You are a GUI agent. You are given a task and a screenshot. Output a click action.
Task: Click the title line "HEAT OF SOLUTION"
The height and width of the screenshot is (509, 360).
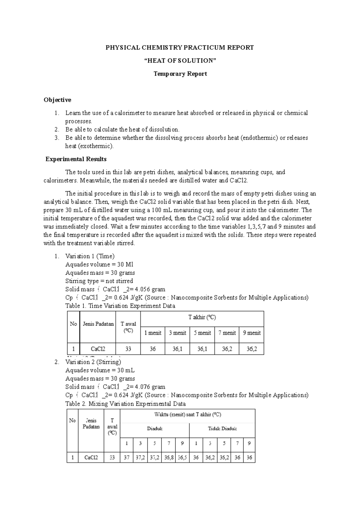tap(180, 61)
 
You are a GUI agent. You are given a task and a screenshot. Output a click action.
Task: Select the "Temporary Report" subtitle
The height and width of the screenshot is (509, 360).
tap(180, 74)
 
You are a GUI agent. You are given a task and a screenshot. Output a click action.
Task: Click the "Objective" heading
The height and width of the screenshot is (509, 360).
tap(57, 100)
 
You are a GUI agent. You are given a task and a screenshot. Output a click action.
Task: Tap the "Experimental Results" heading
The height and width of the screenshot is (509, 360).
tap(76, 159)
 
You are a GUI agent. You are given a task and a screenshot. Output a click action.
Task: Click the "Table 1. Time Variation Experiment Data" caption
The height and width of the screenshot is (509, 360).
tap(120, 306)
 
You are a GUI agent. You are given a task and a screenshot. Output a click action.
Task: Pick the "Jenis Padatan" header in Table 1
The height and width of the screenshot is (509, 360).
tap(98, 324)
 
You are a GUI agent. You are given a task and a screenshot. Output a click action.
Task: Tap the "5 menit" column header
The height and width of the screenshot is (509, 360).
tap(202, 333)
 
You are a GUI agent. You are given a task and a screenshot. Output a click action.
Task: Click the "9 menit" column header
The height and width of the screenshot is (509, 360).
tap(251, 333)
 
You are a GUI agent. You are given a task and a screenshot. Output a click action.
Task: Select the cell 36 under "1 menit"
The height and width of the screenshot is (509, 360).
tap(153, 349)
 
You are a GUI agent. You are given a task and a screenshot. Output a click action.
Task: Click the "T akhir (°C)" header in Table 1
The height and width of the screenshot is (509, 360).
tap(202, 317)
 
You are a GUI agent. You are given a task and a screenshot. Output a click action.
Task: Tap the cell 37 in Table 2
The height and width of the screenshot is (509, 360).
tap(127, 458)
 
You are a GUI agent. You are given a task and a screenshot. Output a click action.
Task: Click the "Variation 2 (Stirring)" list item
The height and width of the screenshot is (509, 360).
tap(93, 362)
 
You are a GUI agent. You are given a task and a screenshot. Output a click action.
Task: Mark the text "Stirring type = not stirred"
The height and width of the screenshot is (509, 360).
tap(99, 281)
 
